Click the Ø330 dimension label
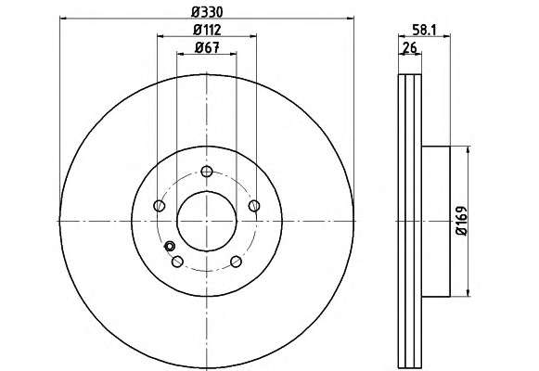point(207,12)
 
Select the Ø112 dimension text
point(207,30)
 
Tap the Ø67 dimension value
point(207,47)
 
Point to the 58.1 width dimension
point(424,31)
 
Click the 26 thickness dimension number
point(409,47)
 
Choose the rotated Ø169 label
point(462,221)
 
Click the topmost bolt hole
point(207,171)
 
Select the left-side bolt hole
point(159,206)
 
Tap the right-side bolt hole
point(254,206)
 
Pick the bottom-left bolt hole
point(177,262)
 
